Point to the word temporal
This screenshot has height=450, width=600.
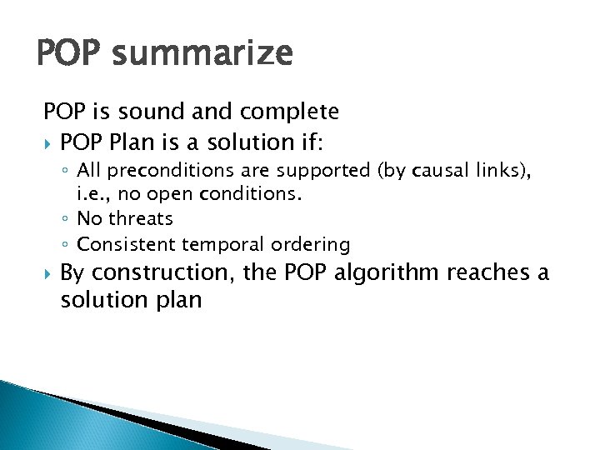[217, 244]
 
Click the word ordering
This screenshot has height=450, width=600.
[310, 244]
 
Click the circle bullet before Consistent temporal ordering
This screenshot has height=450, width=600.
[66, 245]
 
